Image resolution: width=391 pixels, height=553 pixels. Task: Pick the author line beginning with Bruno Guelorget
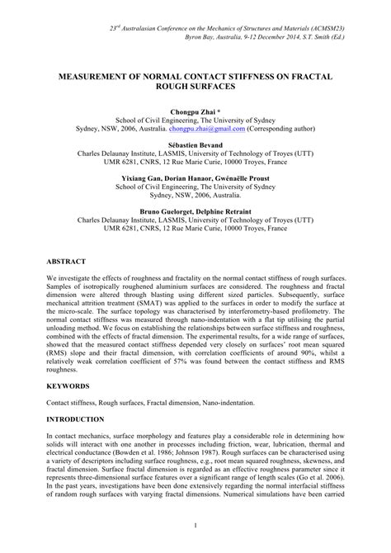tap(195, 211)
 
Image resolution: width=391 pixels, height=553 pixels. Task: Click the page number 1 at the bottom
tap(195, 525)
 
